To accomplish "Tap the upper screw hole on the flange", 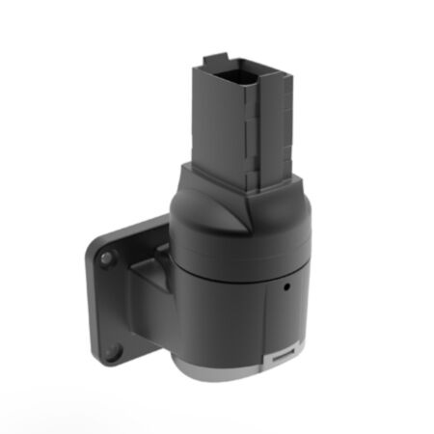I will click(108, 258).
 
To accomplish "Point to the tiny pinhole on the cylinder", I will click(286, 286).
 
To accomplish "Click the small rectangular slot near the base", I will click(281, 359).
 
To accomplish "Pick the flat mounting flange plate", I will click(116, 299).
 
